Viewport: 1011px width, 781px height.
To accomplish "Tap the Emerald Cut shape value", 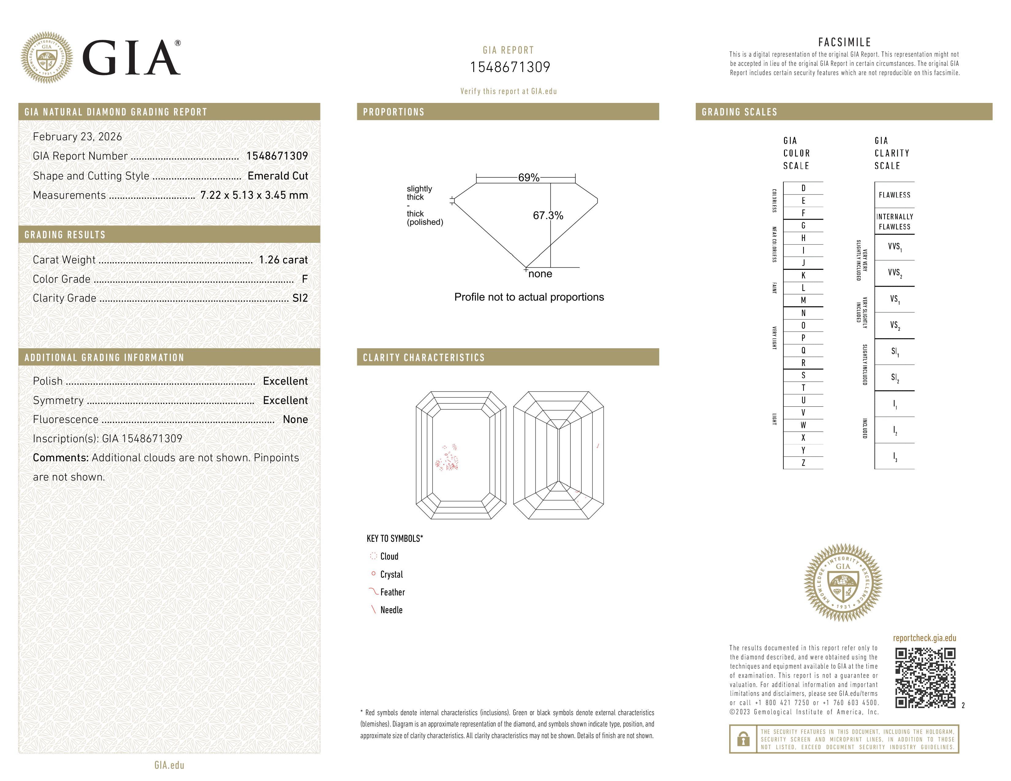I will click(x=278, y=176).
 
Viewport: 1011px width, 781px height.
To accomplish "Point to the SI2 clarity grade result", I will click(x=300, y=298).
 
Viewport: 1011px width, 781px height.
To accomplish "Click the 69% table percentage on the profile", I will click(x=529, y=178).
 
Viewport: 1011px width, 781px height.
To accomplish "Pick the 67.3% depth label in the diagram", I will click(x=548, y=216).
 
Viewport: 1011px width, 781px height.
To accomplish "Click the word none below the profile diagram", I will click(x=540, y=274).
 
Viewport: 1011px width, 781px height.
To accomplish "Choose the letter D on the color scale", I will click(x=803, y=188).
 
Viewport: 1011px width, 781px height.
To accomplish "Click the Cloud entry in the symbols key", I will click(x=389, y=557).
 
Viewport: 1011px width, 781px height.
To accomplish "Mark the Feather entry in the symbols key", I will click(x=392, y=592).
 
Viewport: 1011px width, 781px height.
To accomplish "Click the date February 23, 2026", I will click(x=77, y=137).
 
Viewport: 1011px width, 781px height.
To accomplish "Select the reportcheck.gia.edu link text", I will click(x=924, y=638).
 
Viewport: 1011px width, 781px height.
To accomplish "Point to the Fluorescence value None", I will click(x=295, y=420).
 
